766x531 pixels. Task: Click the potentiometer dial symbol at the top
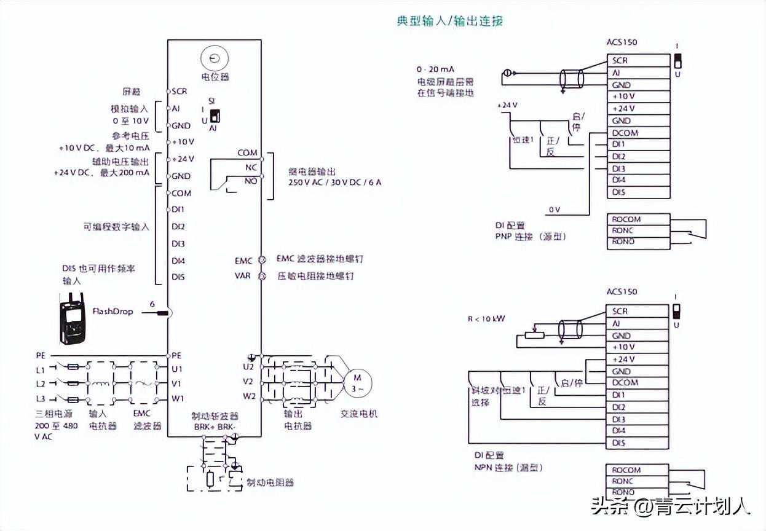pyautogui.click(x=214, y=59)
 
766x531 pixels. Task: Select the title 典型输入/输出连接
pyautogui.click(x=450, y=21)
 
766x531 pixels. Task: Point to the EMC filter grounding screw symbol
pyautogui.click(x=261, y=261)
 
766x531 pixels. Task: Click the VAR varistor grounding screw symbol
pyautogui.click(x=261, y=277)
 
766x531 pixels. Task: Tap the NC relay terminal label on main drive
pyautogui.click(x=251, y=167)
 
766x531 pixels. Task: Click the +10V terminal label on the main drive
pyautogui.click(x=183, y=142)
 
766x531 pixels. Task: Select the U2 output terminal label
pyautogui.click(x=248, y=367)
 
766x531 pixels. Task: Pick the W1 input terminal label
pyautogui.click(x=178, y=398)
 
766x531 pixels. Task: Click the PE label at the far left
pyautogui.click(x=41, y=355)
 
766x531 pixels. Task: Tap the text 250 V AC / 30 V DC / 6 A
pyautogui.click(x=334, y=183)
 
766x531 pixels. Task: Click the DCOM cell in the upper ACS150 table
pyautogui.click(x=625, y=133)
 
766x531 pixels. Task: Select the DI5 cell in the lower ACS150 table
pyautogui.click(x=619, y=442)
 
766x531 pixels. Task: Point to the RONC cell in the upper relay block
pyautogui.click(x=623, y=230)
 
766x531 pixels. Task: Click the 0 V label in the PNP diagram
pyautogui.click(x=555, y=210)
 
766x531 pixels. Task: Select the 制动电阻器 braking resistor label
pyautogui.click(x=270, y=482)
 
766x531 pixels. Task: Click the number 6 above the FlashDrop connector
pyautogui.click(x=152, y=304)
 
